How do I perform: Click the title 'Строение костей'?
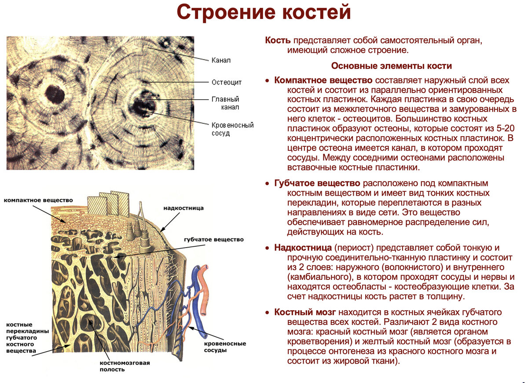coord(264,12)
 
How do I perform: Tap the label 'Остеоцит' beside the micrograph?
coord(227,82)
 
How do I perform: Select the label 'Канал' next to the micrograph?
coord(221,60)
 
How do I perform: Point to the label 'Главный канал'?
coord(225,103)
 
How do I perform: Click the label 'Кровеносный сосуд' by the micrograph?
coord(232,129)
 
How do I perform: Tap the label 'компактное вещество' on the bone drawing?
coord(38,200)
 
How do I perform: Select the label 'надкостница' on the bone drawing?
coord(183,208)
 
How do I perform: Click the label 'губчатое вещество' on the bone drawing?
coord(214,239)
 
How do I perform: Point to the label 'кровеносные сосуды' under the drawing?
coord(225,347)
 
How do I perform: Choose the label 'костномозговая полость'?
coord(125,366)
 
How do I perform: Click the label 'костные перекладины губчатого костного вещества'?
coord(28,338)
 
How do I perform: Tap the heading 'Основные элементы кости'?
coord(391,66)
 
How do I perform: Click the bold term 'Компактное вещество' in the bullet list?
coord(323,81)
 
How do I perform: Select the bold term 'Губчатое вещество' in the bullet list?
coord(317,183)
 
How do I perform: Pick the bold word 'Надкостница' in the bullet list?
coord(303,248)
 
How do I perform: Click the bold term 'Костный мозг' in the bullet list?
coord(305,312)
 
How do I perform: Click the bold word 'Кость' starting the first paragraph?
coord(278,41)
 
